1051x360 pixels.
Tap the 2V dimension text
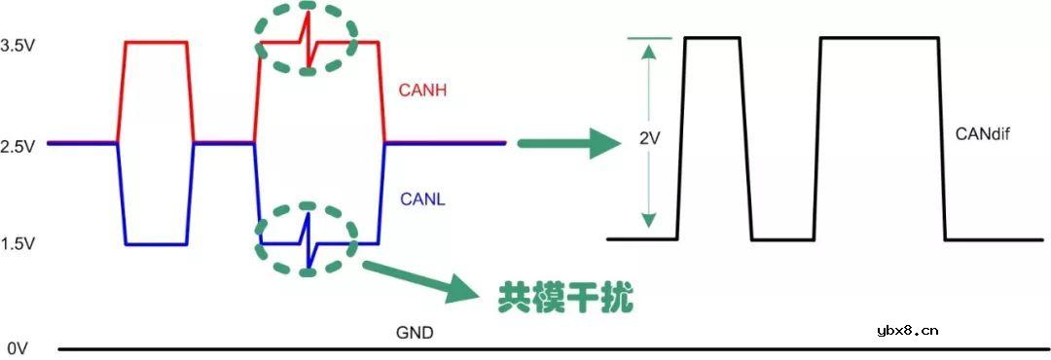click(x=650, y=139)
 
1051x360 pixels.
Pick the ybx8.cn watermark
click(x=907, y=330)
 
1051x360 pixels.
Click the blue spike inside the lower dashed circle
click(x=308, y=243)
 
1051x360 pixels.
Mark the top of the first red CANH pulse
click(x=155, y=42)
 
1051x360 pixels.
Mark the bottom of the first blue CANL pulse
click(x=156, y=244)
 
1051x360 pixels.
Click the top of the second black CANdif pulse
click(x=880, y=37)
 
